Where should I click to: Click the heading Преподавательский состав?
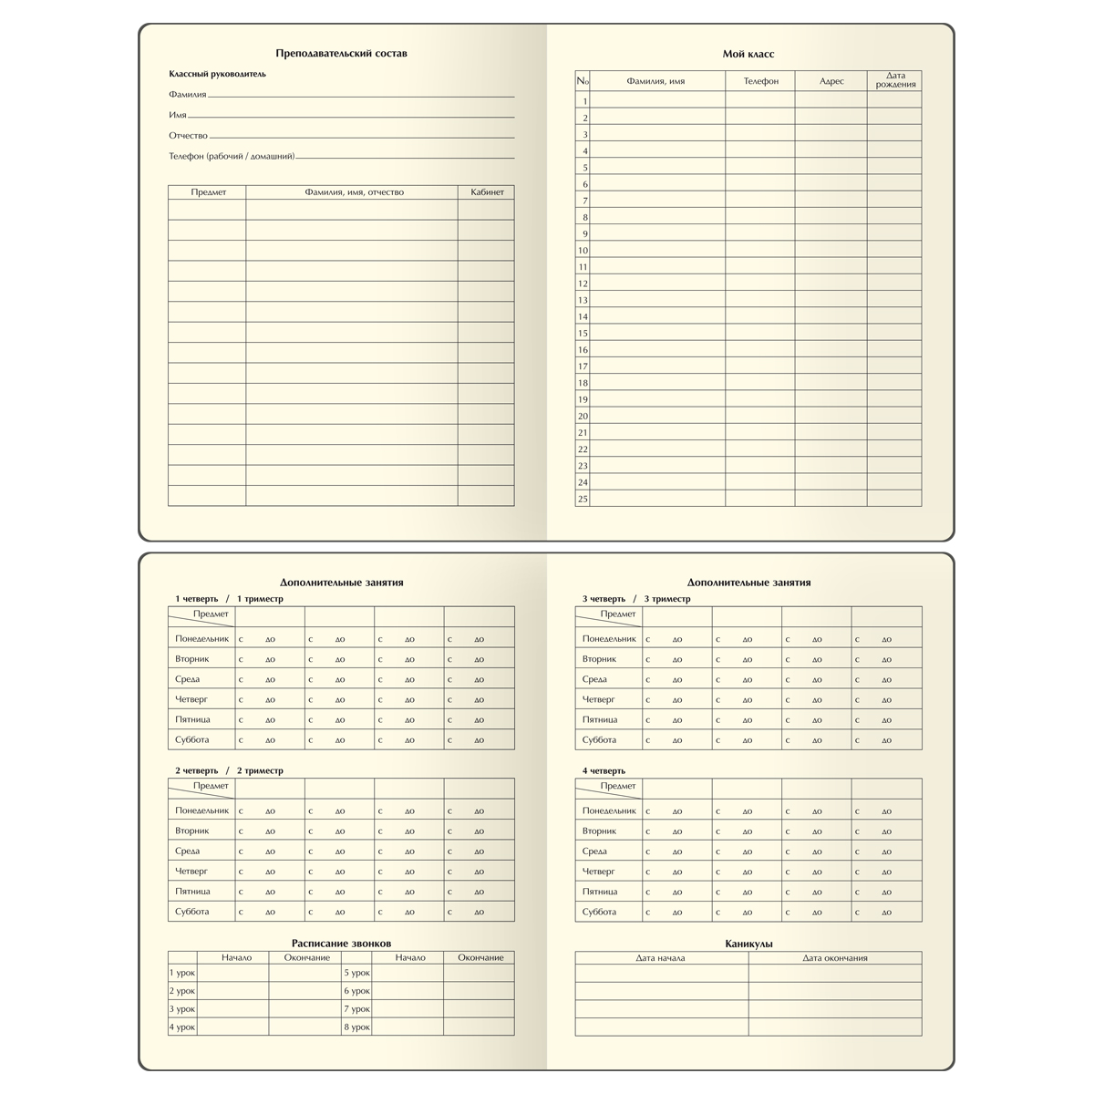[x=341, y=54]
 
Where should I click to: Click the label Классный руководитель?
[x=217, y=74]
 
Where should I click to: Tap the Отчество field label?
[x=188, y=136]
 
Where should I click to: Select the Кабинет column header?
[x=487, y=192]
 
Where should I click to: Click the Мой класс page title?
[x=748, y=55]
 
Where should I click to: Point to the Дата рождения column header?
[x=894, y=80]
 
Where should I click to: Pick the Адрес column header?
[x=831, y=81]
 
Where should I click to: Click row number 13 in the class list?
[x=583, y=300]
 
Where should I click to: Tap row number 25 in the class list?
[x=583, y=499]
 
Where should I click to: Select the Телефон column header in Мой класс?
[x=760, y=81]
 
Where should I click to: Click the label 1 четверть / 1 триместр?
[x=229, y=599]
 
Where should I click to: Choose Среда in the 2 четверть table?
[x=188, y=851]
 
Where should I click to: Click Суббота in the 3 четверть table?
[x=599, y=740]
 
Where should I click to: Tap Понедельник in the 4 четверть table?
[x=609, y=810]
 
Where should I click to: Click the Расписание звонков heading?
[x=341, y=944]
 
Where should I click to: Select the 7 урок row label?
[x=356, y=1009]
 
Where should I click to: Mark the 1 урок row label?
[x=182, y=973]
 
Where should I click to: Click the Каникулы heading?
[x=748, y=944]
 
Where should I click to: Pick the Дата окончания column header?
[x=835, y=958]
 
